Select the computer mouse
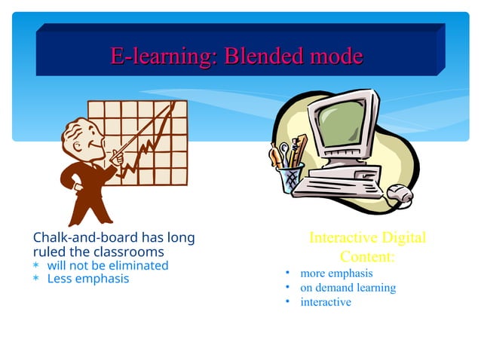(400, 197)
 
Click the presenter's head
(80, 136)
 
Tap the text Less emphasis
(88, 279)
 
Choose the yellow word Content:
(368, 257)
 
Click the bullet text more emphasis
(336, 273)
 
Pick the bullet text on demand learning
(348, 288)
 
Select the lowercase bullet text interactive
(326, 302)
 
